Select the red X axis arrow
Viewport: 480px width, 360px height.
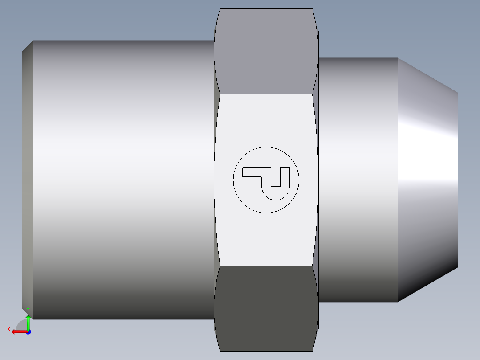point(17,331)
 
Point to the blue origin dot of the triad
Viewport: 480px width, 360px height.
point(28,332)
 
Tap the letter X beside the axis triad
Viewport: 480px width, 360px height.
point(9,330)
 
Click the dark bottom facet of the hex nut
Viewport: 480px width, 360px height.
point(266,307)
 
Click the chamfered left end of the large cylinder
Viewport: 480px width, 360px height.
point(28,178)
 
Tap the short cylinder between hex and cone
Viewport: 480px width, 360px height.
point(358,178)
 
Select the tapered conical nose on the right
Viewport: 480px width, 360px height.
point(427,178)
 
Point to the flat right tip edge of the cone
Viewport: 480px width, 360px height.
point(458,178)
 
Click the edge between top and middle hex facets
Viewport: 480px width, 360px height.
point(266,94)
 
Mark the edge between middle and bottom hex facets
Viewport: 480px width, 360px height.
point(266,266)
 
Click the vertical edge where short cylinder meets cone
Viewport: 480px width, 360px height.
point(398,178)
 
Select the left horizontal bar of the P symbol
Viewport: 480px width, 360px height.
point(252,172)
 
